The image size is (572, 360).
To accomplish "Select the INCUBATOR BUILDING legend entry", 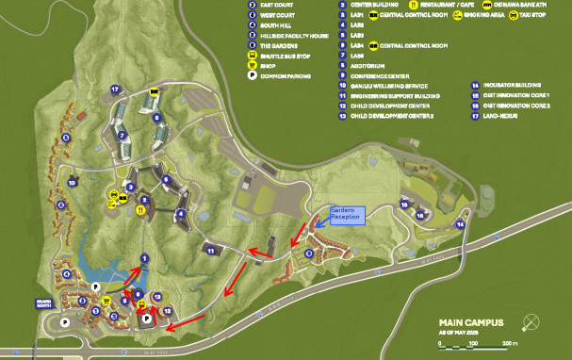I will pos(505,86).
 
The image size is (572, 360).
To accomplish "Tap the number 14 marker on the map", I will pos(461,224).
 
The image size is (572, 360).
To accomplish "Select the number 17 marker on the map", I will pos(113,90).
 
